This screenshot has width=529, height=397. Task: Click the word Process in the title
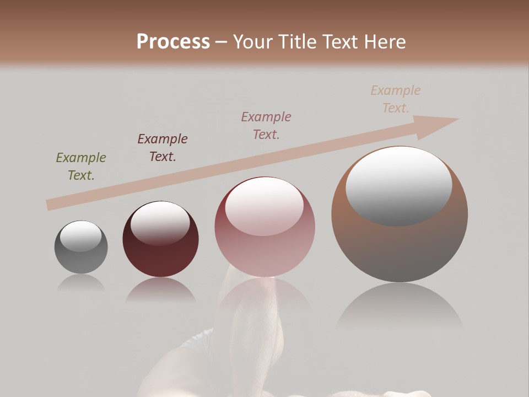click(173, 42)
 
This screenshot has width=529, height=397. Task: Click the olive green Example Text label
click(81, 167)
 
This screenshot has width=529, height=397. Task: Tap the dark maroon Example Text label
click(163, 148)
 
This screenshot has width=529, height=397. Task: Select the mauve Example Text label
click(266, 125)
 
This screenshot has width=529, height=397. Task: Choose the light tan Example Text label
click(396, 99)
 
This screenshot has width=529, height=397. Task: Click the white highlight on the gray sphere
click(80, 236)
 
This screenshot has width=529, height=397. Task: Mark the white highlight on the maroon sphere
click(160, 223)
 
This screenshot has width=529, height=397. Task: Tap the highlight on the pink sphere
click(264, 206)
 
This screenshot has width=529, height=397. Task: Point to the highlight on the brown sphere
click(399, 185)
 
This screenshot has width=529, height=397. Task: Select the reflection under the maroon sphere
click(160, 290)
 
